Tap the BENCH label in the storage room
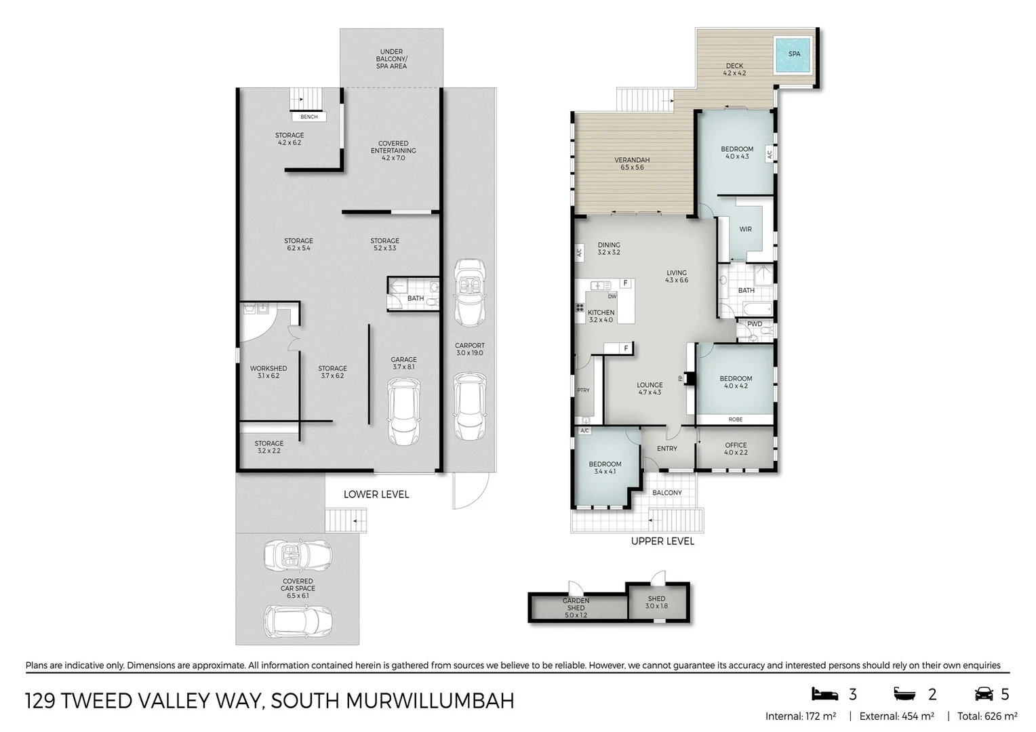click(309, 117)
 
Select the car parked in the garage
click(404, 411)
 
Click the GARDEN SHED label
click(576, 605)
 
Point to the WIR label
click(745, 229)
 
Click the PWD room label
click(755, 324)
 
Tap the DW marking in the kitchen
click(612, 296)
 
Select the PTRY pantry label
click(583, 390)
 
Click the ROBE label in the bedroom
click(736, 420)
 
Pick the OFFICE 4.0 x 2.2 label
click(736, 449)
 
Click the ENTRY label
click(667, 449)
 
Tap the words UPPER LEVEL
click(662, 541)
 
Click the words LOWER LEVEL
click(376, 494)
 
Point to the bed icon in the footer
click(824, 694)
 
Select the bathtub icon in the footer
click(904, 694)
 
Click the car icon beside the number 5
click(983, 694)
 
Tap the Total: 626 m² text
click(987, 716)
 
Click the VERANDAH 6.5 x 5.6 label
click(632, 164)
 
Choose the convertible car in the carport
click(469, 293)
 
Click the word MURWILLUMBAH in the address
click(430, 701)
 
